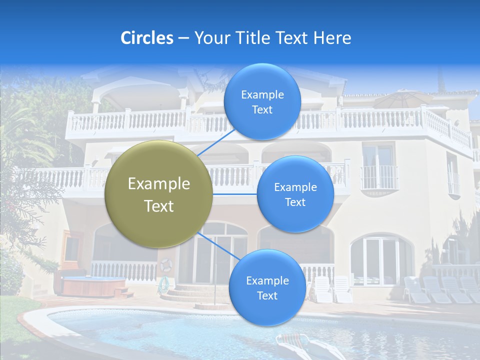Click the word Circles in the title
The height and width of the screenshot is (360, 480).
pos(147,38)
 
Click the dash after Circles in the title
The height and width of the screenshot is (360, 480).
pos(183,38)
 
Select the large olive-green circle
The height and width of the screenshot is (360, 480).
pos(159,194)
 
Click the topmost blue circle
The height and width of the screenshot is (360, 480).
pos(262,102)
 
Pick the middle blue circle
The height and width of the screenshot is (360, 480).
pos(295,194)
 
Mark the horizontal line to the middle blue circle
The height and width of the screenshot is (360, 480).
pos(235,194)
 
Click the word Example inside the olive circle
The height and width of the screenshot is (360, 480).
pos(159,184)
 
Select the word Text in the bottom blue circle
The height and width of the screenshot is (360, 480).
pos(267,295)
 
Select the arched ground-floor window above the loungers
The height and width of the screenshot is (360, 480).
pos(381,260)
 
